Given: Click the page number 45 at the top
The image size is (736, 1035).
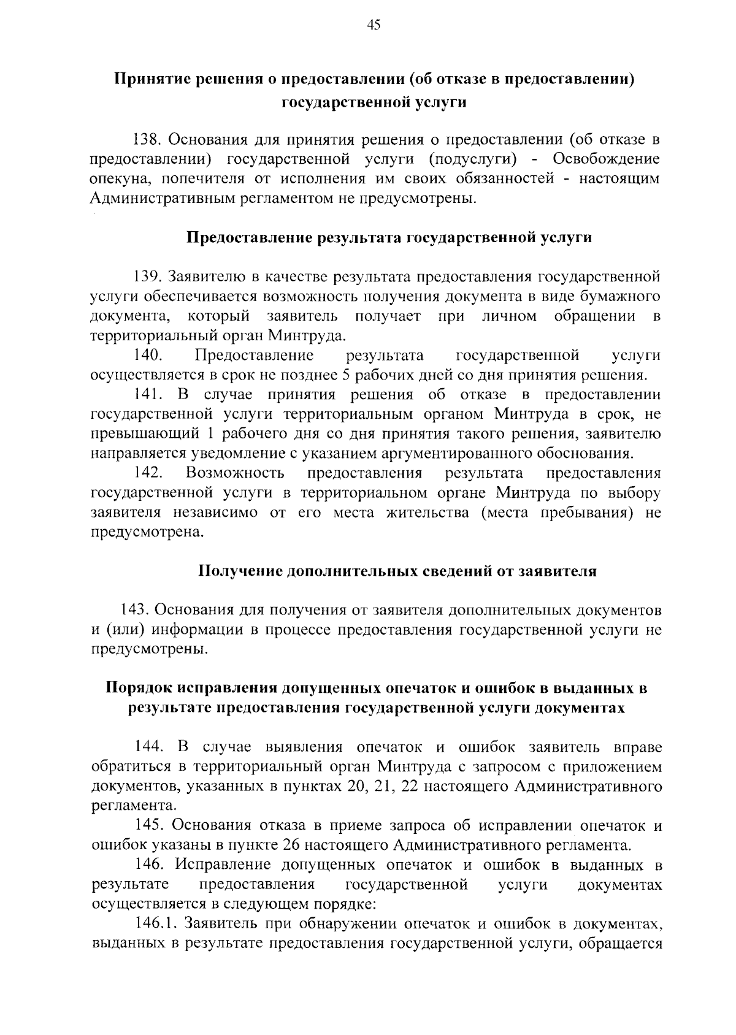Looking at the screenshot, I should coord(374,25).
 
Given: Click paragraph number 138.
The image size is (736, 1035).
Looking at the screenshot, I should coord(147,140).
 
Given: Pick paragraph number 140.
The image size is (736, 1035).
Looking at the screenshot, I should coord(147,356).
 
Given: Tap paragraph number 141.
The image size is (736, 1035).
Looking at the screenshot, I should coord(147,395).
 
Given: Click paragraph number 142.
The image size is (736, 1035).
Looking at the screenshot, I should coord(147,473).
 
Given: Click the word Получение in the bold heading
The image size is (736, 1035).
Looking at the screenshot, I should coord(236,571).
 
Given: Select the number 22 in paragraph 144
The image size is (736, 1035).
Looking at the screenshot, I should coord(408,787).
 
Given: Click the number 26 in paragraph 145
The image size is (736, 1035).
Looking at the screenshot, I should coord(292,846).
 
